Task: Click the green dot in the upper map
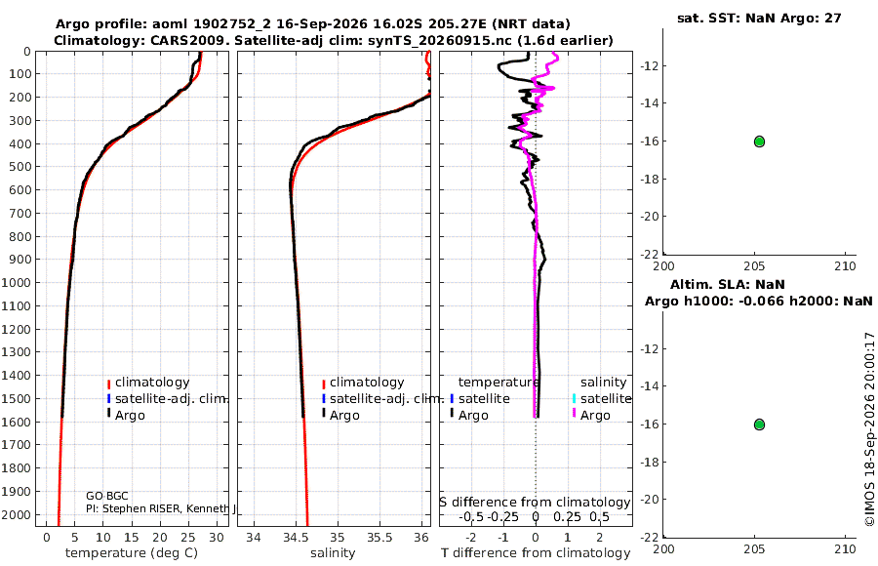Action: click(x=759, y=141)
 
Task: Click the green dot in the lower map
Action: click(x=759, y=424)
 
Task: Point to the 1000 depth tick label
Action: click(x=16, y=282)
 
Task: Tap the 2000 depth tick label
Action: click(x=16, y=514)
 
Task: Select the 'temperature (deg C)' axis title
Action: click(x=132, y=553)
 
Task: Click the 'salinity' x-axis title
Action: click(x=333, y=553)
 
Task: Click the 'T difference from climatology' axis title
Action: click(x=536, y=553)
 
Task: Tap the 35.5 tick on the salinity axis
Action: click(x=379, y=538)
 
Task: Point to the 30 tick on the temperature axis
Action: click(x=217, y=538)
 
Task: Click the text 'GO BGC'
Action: click(x=107, y=496)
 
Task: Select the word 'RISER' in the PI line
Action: click(x=165, y=508)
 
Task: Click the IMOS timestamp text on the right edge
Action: click(x=869, y=429)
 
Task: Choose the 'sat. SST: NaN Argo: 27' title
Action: click(x=759, y=18)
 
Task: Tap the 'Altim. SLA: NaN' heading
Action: click(x=728, y=284)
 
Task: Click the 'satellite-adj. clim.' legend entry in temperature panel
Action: click(x=168, y=399)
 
